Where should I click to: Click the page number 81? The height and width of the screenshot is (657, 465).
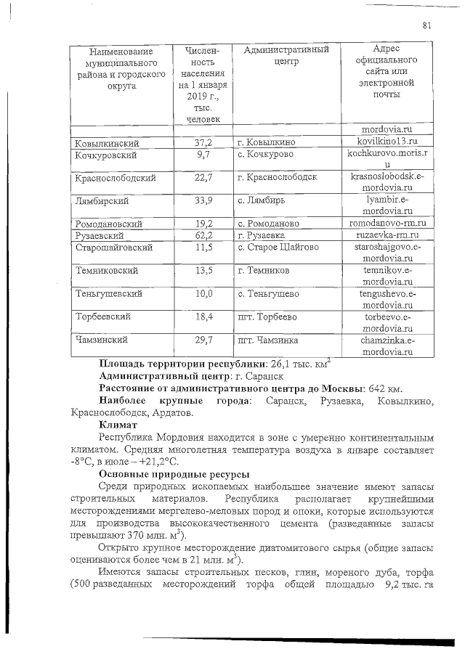[x=427, y=26]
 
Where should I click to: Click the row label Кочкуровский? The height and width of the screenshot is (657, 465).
[x=106, y=155]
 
